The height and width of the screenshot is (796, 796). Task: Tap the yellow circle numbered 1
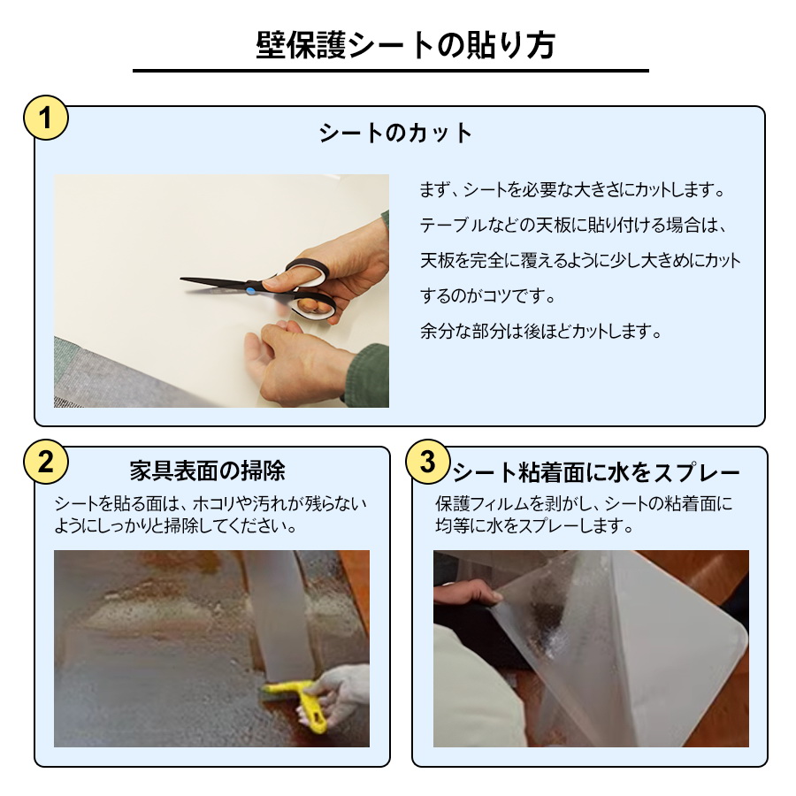[44, 119]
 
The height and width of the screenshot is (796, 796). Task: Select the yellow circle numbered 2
[44, 461]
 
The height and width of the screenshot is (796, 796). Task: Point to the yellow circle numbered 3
[427, 461]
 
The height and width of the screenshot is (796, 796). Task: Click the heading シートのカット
[396, 134]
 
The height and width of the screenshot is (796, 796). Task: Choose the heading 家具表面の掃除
[207, 469]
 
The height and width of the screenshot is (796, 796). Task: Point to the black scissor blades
[212, 283]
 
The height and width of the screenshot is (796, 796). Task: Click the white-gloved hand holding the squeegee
[341, 686]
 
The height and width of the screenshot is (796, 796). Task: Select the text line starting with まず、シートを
[572, 190]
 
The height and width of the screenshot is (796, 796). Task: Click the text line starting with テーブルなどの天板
[572, 226]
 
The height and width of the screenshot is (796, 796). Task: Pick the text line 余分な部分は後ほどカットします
[540, 333]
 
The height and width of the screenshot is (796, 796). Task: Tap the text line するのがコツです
[493, 296]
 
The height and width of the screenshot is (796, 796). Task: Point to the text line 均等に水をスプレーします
[535, 526]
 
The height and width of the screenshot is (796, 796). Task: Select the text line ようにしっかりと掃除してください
[174, 526]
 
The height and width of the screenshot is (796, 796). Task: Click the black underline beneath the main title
[390, 71]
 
